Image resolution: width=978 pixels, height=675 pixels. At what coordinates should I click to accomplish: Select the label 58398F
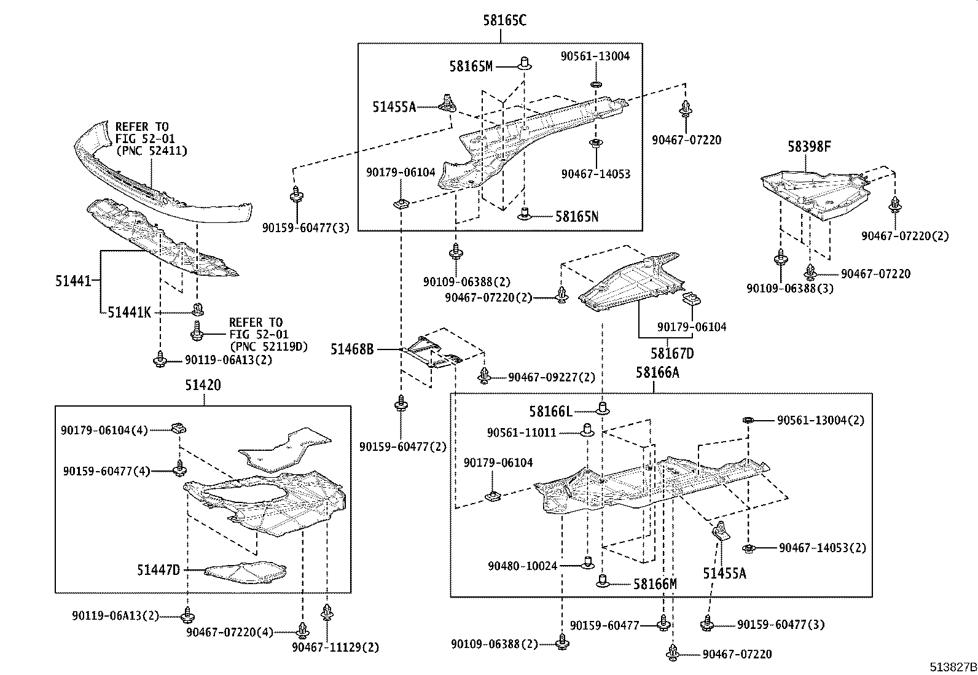pyautogui.click(x=810, y=147)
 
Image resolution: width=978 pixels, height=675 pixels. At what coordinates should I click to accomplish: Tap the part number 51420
pyautogui.click(x=203, y=385)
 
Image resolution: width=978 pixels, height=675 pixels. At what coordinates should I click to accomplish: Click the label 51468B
pyautogui.click(x=352, y=349)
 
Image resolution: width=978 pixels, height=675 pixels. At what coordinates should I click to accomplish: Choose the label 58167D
pyautogui.click(x=672, y=354)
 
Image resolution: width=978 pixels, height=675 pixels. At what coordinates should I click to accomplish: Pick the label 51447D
pyautogui.click(x=158, y=571)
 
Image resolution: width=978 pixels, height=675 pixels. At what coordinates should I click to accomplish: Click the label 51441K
pyautogui.click(x=129, y=313)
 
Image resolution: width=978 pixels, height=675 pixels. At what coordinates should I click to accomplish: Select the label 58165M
pyautogui.click(x=471, y=66)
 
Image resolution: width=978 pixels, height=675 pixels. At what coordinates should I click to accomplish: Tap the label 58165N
pyautogui.click(x=577, y=216)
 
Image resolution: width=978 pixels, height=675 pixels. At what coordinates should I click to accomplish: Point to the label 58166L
pyautogui.click(x=551, y=410)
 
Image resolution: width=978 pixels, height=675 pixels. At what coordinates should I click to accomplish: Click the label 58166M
pyautogui.click(x=655, y=583)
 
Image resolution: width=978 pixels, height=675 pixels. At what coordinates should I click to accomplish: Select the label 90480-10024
pyautogui.click(x=523, y=566)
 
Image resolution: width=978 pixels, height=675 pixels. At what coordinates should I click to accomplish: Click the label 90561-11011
pyautogui.click(x=522, y=432)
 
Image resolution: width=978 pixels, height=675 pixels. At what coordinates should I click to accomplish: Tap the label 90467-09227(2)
pyautogui.click(x=552, y=377)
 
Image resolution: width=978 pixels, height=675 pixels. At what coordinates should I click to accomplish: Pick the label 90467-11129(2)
pyautogui.click(x=335, y=647)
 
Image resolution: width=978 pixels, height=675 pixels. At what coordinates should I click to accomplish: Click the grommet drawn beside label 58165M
pyautogui.click(x=525, y=63)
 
